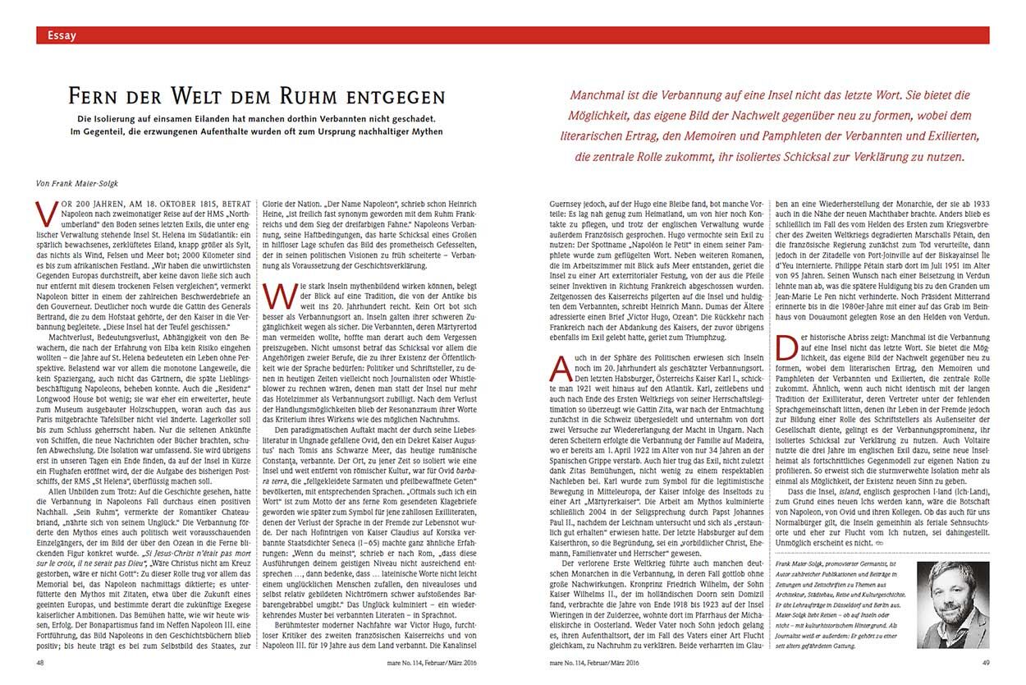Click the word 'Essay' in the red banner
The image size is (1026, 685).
(62, 35)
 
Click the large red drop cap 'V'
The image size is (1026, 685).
(48, 213)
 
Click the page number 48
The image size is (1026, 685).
(41, 661)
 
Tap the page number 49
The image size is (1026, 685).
(983, 661)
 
